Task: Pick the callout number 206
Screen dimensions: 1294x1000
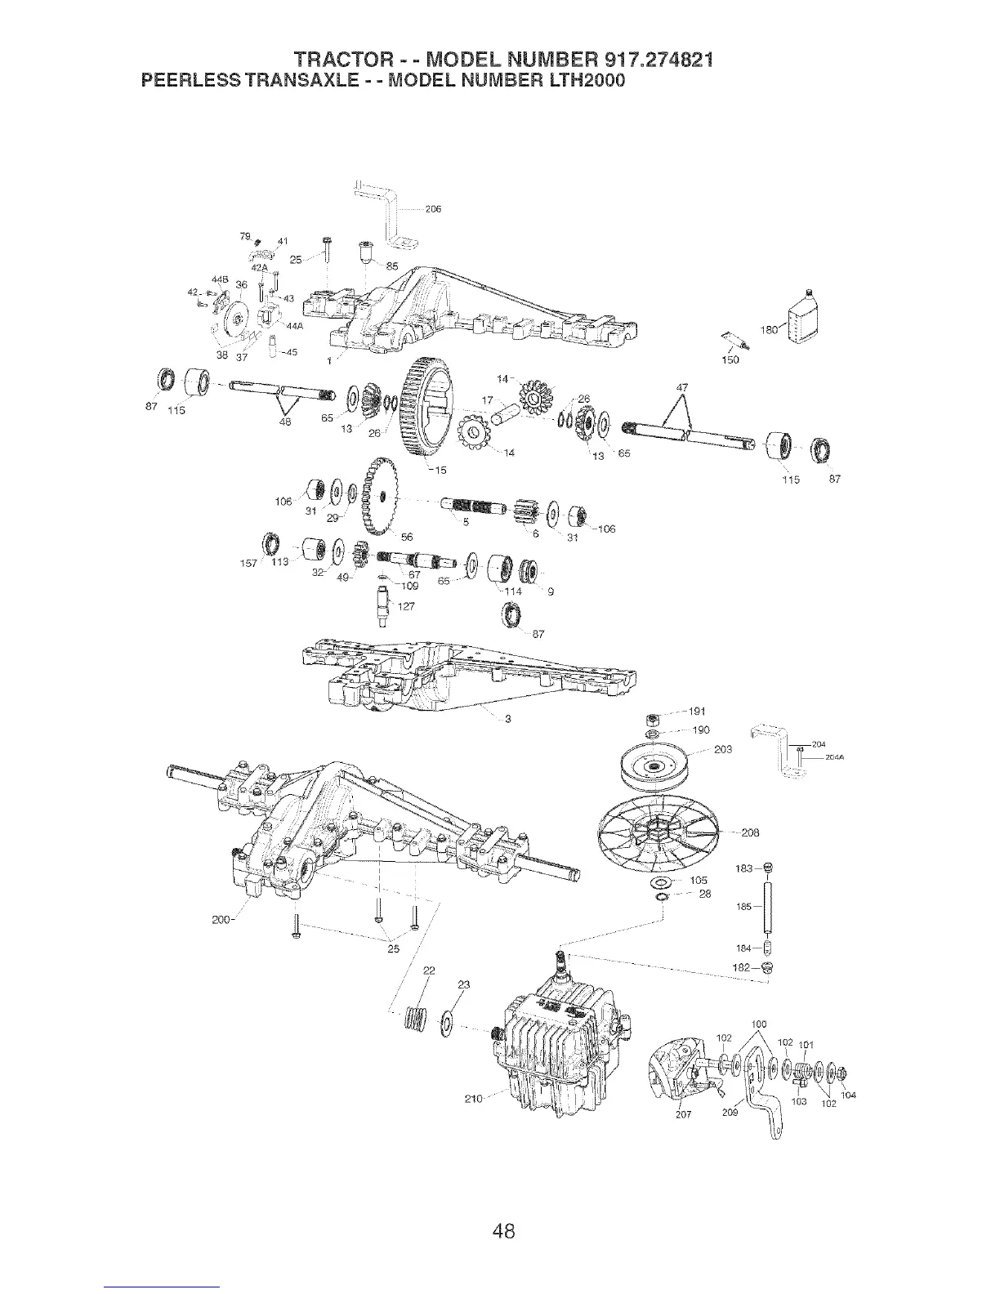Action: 433,209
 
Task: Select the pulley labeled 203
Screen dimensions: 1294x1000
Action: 654,767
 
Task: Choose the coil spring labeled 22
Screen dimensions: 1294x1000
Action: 419,1022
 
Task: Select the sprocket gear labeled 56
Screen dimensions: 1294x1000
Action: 377,496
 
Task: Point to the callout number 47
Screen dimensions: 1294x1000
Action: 683,387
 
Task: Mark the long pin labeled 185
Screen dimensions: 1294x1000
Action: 768,906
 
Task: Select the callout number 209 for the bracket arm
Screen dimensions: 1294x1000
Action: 730,1112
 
